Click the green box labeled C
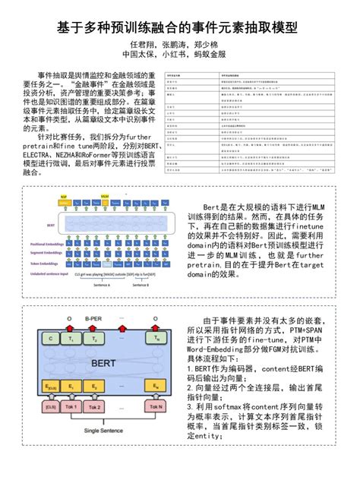(52, 338)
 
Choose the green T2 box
(94, 338)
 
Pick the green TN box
(156, 338)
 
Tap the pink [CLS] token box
(52, 408)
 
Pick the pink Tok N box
(156, 408)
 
